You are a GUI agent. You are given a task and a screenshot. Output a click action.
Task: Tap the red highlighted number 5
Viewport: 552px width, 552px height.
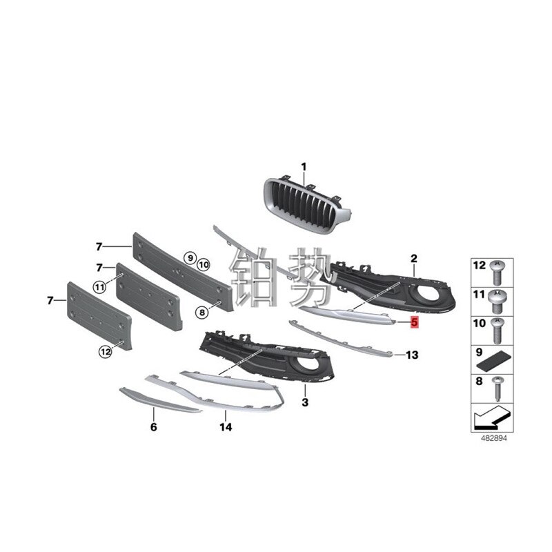coord(414,322)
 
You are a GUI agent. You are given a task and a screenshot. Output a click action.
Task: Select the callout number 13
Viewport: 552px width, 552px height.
coord(412,355)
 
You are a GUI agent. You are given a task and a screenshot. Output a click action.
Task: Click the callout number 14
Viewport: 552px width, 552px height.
coord(226,427)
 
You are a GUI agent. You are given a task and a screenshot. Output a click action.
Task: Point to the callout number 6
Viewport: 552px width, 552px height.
coord(153,427)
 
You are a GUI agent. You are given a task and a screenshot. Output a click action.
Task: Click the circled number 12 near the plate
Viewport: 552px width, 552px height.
coord(105,351)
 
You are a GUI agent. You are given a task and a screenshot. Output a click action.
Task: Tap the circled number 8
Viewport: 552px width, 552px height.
coord(202,313)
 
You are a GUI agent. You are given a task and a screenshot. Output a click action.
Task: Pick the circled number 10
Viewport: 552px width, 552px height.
coord(203,264)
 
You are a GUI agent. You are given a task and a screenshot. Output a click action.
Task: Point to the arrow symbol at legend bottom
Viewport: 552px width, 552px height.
coord(491,418)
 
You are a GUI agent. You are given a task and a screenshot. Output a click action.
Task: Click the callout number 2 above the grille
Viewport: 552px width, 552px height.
coord(414,258)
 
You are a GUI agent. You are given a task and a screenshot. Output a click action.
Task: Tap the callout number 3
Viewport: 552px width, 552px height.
coord(305,401)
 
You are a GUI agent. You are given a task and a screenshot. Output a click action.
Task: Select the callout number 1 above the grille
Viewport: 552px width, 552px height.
coord(302,166)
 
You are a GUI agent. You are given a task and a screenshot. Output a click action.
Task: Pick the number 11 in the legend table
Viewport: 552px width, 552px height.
coord(478,295)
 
